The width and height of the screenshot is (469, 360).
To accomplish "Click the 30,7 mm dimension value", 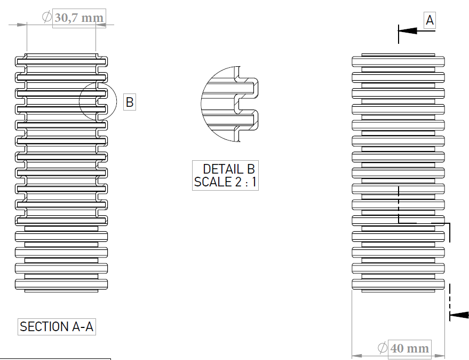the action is (x=79, y=18).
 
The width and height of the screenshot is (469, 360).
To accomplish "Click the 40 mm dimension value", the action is (x=409, y=349).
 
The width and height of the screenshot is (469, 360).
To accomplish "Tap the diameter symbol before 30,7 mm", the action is (x=46, y=17).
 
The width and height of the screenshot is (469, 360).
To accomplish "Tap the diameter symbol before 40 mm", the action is (x=383, y=348).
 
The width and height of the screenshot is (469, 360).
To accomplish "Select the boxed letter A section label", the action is (x=430, y=20).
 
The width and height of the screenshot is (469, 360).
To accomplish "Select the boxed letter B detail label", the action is (x=130, y=102).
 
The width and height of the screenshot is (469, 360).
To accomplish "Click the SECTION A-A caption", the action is (x=57, y=327).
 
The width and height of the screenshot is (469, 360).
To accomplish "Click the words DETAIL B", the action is (x=229, y=169).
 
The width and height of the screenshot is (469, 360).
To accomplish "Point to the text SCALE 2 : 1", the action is (x=225, y=182).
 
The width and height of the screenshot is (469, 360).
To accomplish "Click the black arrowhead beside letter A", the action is (x=408, y=30).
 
